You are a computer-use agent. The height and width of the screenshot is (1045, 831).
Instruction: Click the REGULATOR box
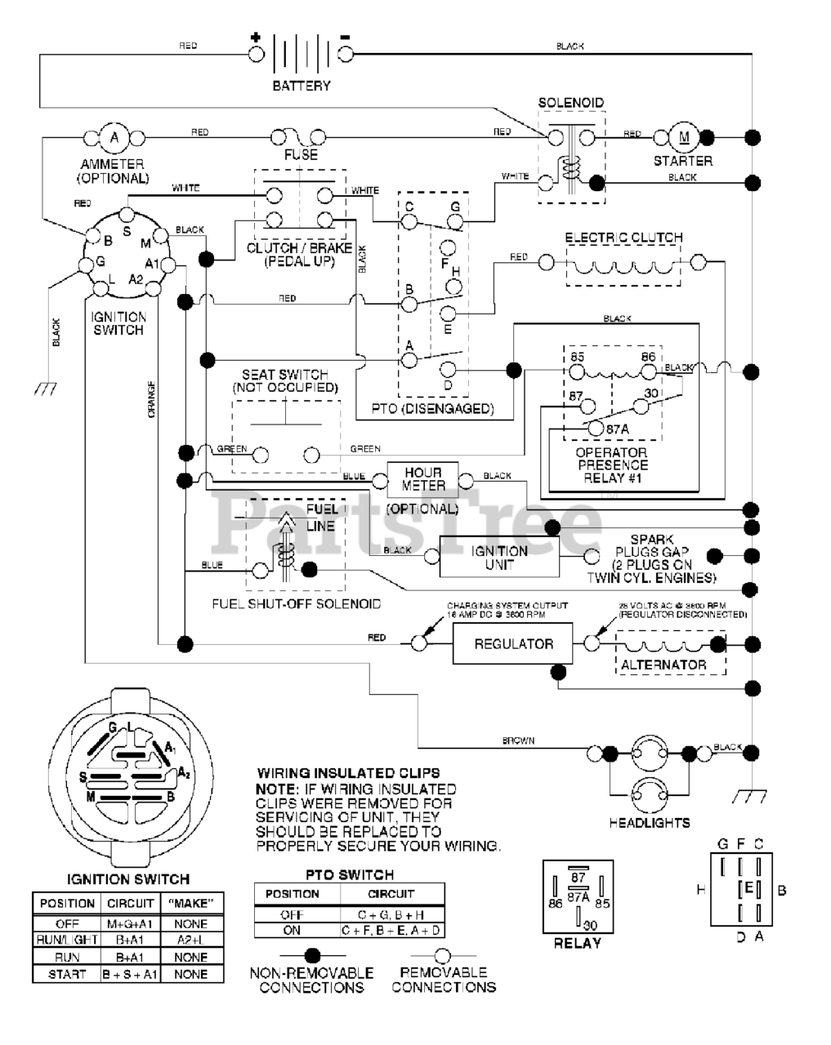tap(513, 644)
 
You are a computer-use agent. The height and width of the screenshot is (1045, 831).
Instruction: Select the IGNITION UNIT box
tap(499, 558)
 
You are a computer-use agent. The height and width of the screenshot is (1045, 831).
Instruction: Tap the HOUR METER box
tap(422, 479)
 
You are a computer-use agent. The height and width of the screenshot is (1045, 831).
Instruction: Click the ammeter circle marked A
tap(114, 136)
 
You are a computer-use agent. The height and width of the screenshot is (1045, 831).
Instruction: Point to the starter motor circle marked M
tap(683, 136)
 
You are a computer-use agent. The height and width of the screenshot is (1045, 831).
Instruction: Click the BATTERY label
tap(302, 86)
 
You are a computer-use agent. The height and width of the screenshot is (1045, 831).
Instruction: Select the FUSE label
tap(301, 154)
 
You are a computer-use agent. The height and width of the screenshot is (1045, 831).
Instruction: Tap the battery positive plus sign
tap(256, 37)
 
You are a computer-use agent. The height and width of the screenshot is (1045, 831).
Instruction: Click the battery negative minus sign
tap(345, 37)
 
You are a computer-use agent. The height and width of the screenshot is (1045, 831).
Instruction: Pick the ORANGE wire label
tap(151, 400)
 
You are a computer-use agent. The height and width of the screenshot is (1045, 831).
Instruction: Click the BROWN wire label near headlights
tap(518, 740)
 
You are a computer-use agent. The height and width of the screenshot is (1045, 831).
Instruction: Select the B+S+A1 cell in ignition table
tap(131, 974)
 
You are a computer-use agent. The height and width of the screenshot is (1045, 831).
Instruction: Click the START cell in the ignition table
tap(67, 974)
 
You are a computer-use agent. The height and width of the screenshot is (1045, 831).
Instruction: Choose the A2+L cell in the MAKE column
tap(190, 940)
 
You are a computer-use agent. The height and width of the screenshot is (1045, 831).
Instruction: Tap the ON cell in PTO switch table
tap(291, 931)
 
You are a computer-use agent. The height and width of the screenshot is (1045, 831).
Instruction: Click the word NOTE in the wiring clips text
tap(276, 789)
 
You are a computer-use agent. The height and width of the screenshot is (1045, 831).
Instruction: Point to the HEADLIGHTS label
tap(650, 823)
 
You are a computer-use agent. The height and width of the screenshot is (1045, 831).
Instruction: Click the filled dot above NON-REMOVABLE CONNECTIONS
tap(311, 955)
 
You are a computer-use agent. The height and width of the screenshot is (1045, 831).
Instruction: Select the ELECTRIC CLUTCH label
tap(623, 238)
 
